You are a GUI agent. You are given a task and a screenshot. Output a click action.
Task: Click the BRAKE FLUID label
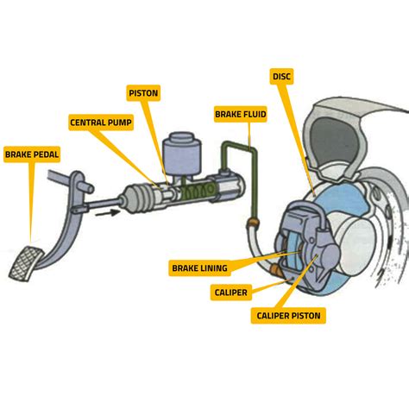coord(242,113)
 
